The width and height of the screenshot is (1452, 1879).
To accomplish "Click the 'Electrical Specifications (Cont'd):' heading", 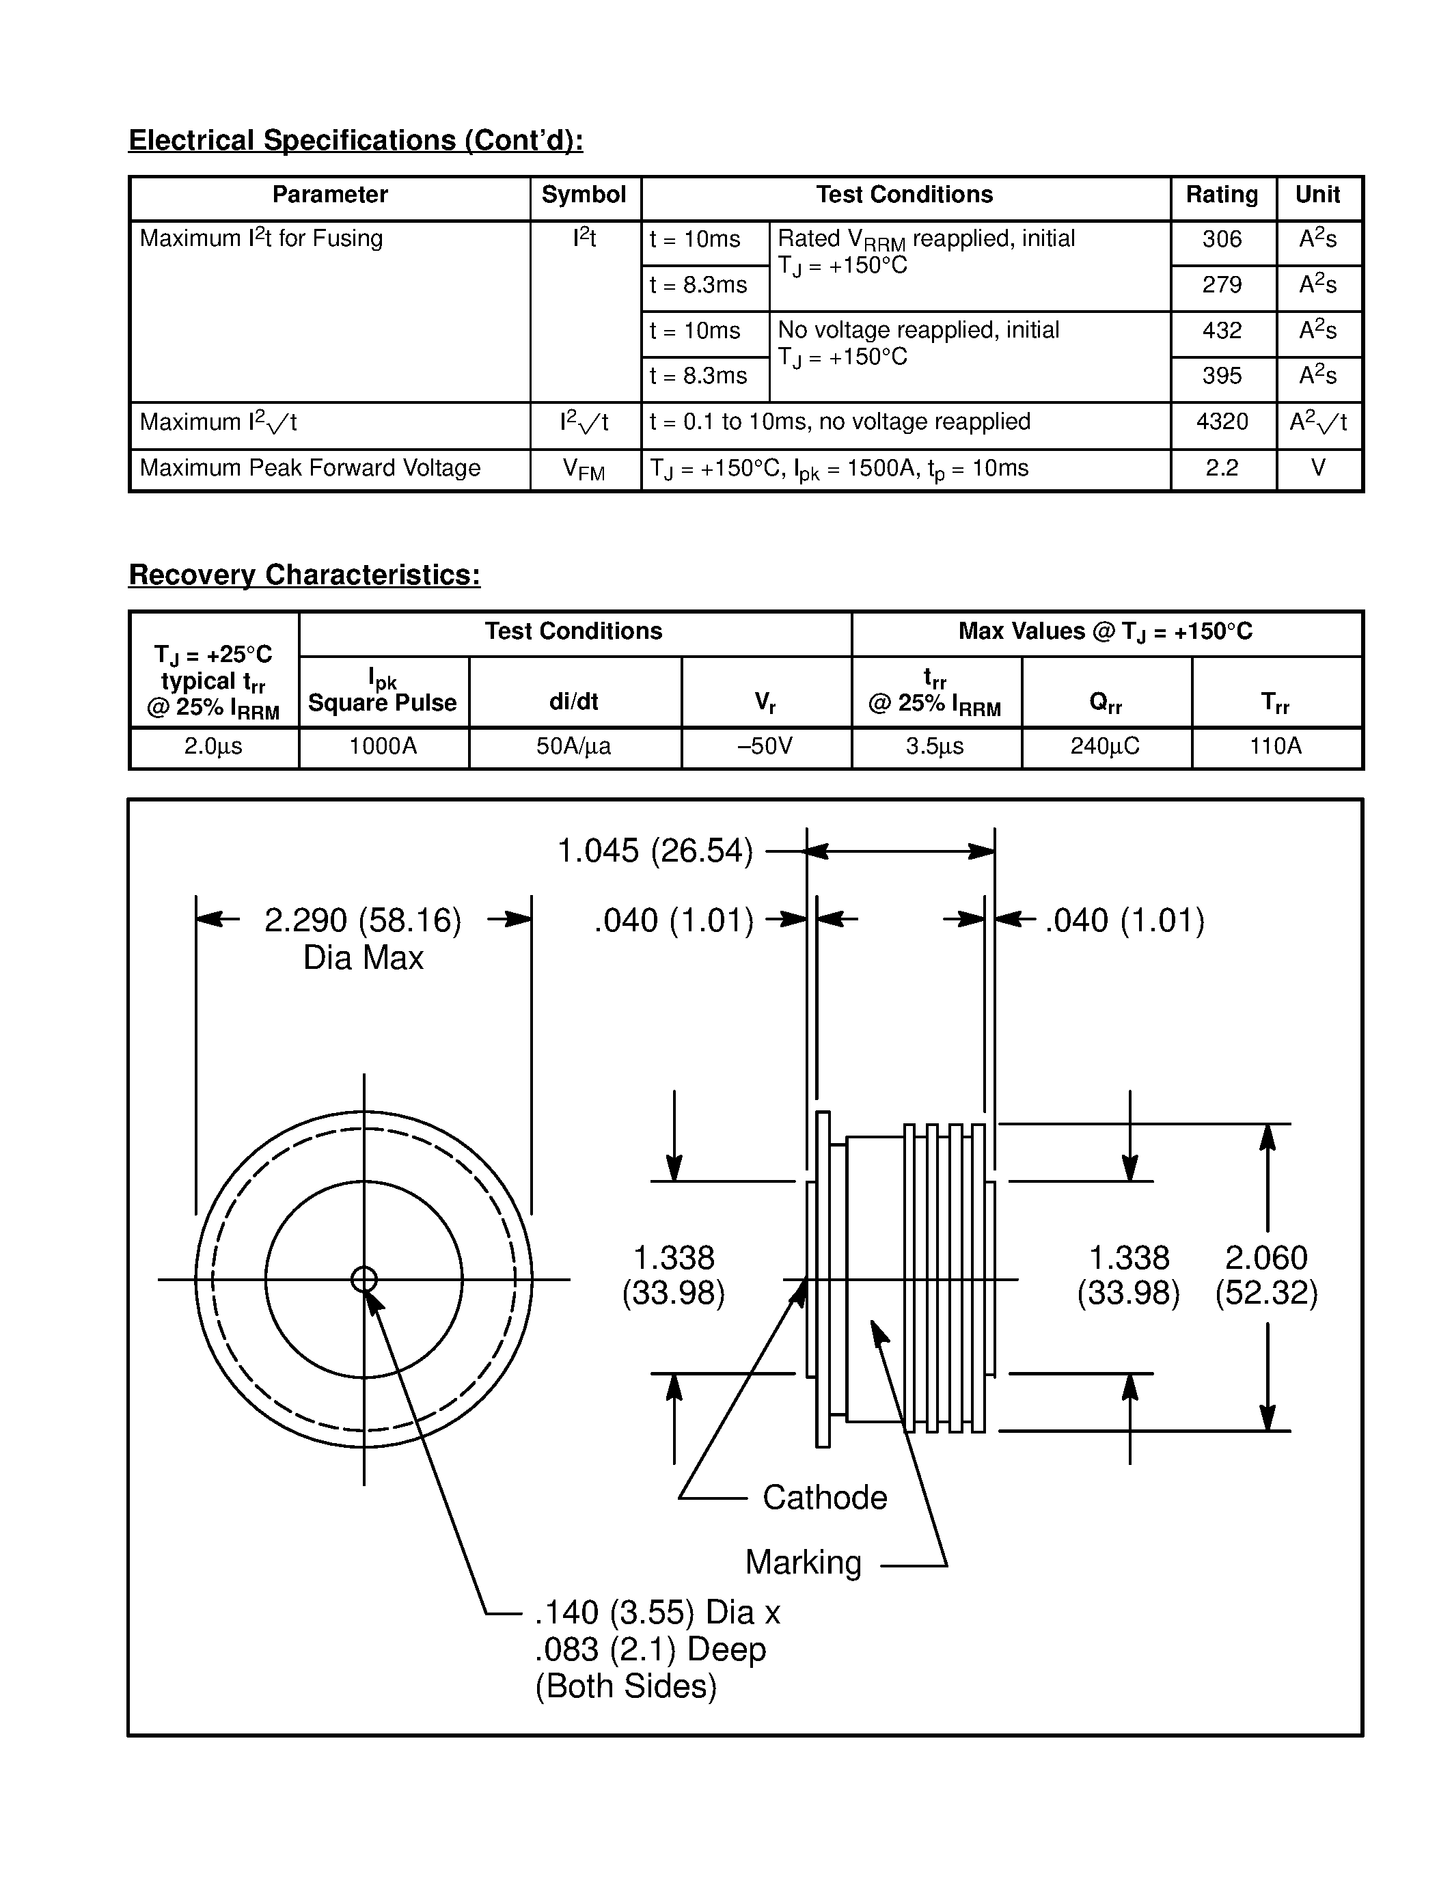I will tap(355, 140).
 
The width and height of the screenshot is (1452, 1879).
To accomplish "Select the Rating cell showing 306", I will tap(1222, 239).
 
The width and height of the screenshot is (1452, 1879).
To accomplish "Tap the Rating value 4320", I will tap(1222, 422).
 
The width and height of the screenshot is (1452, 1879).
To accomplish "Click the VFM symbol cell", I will tap(584, 469).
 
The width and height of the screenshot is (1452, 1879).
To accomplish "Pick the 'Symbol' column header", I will tap(584, 195).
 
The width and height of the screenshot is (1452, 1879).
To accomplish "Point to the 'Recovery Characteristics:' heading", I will tap(305, 575).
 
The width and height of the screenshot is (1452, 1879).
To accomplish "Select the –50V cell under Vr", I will tap(765, 746).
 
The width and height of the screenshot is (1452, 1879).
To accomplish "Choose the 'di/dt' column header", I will tap(574, 702).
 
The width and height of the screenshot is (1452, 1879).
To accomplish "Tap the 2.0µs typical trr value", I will tap(213, 746).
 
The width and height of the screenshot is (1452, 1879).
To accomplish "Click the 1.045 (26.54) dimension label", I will tap(655, 851).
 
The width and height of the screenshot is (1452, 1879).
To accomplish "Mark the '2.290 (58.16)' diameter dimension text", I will tap(363, 920).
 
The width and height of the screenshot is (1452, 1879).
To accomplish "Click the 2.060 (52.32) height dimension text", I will tap(1266, 1275).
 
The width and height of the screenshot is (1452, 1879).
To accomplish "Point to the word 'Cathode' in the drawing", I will tap(824, 1498).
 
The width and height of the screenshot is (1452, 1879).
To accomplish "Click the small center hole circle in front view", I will tap(364, 1279).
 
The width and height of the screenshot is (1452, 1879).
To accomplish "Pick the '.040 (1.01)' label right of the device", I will tap(1124, 920).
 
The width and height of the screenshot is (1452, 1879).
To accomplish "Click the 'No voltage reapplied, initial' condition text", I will tap(918, 331).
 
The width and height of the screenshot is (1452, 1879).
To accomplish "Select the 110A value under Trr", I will tap(1275, 746).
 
